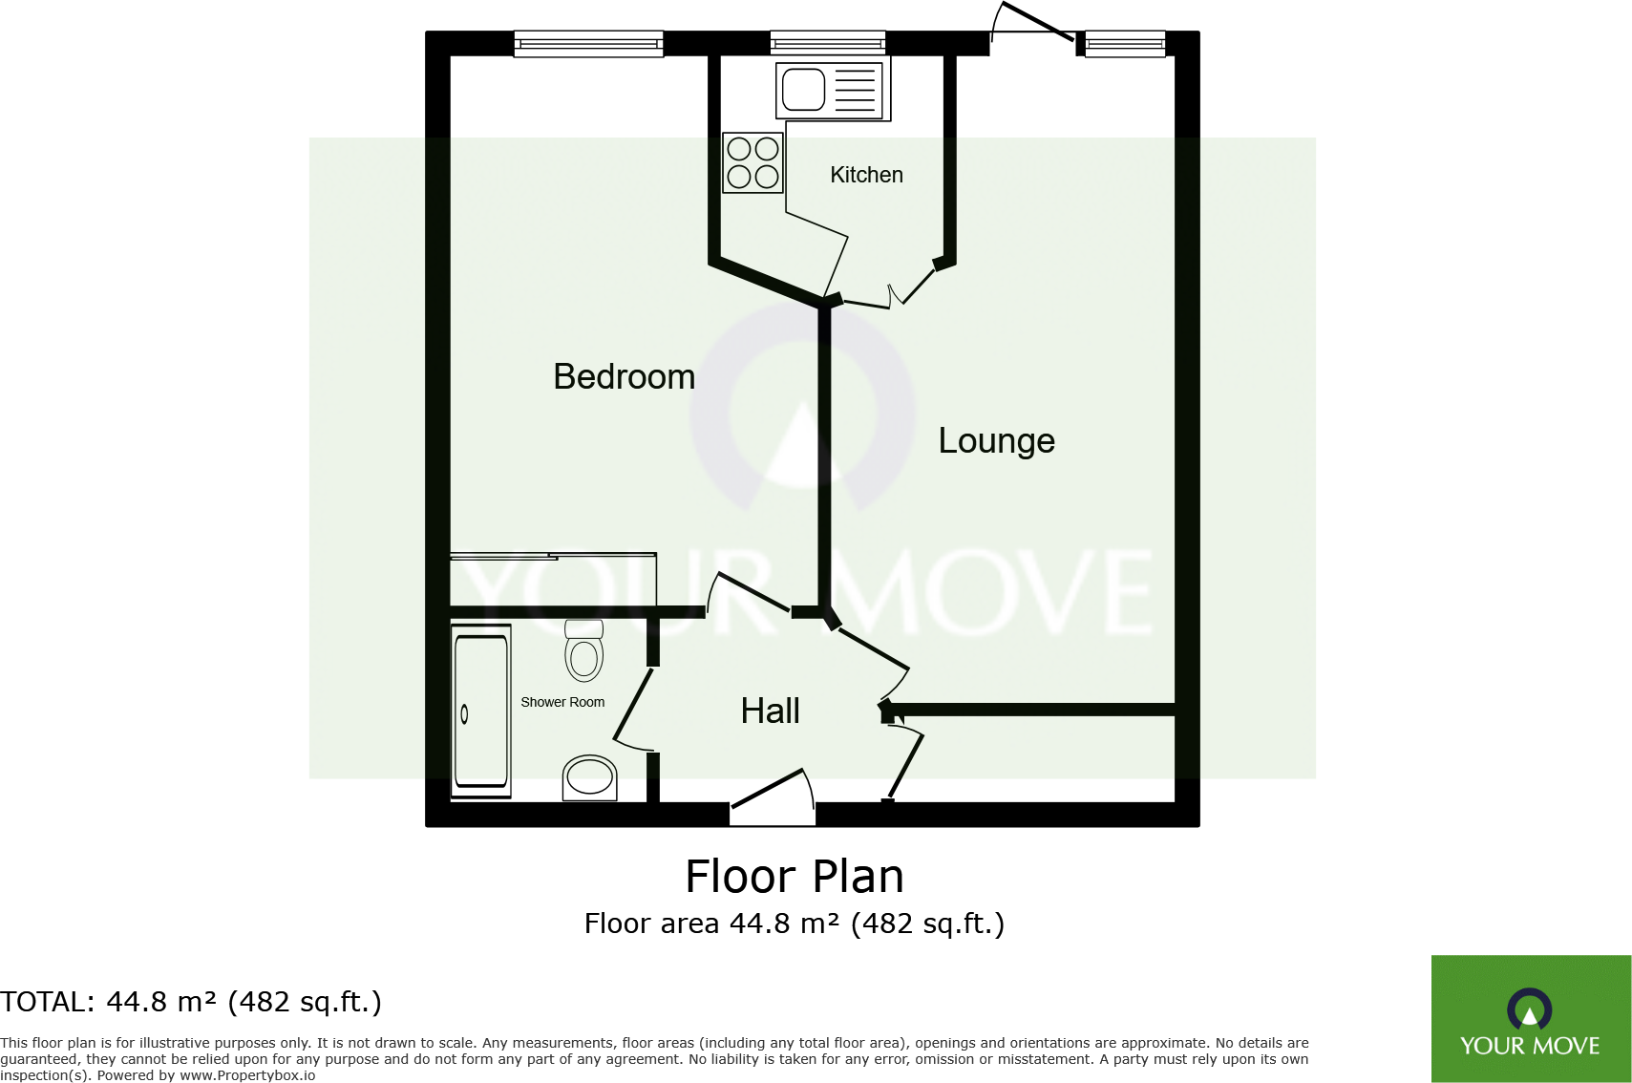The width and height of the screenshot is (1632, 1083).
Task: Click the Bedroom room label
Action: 624,377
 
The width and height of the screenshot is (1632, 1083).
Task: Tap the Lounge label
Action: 996,441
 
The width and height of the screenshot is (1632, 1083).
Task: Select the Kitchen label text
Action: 866,175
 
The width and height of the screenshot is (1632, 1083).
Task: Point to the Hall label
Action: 770,711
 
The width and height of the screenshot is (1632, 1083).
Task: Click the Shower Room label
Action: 562,702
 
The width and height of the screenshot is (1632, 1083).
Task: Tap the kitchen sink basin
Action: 804,90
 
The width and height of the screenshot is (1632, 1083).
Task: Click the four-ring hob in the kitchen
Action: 752,162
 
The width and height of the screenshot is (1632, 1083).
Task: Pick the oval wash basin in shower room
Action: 589,777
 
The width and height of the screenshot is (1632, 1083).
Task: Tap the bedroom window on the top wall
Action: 588,43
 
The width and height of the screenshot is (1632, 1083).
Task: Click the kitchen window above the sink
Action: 828,42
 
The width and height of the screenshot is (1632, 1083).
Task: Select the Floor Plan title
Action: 795,877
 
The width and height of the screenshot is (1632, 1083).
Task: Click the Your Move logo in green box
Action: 1530,1019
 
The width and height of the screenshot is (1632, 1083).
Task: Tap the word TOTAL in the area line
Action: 44,1002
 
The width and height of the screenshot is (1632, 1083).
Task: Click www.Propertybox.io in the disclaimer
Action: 247,1075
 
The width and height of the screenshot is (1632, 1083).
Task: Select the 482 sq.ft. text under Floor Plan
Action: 926,924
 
